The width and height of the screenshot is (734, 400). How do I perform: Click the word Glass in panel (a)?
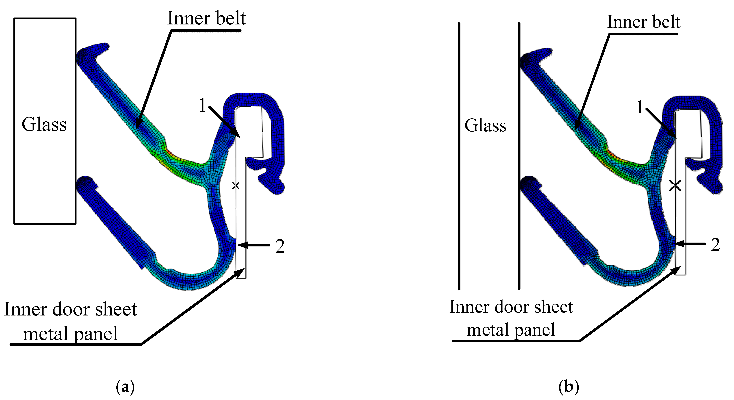coord(44,124)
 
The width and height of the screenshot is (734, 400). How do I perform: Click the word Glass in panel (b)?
coord(485,125)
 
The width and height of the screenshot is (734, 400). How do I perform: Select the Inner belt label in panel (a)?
coord(206,18)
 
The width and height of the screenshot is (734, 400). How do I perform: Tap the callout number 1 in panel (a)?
coord(202,105)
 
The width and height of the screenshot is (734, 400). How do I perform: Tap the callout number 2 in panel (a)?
coord(280,246)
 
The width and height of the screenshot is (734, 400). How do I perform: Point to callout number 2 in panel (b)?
coord(715,245)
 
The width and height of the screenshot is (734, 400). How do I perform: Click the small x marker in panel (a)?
coord(236,186)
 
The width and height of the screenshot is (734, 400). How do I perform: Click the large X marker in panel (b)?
coord(675,186)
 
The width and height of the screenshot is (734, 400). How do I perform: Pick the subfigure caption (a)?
coord(125,387)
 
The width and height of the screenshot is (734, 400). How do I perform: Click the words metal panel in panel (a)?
coord(70,334)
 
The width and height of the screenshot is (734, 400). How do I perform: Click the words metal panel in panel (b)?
coord(511,330)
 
